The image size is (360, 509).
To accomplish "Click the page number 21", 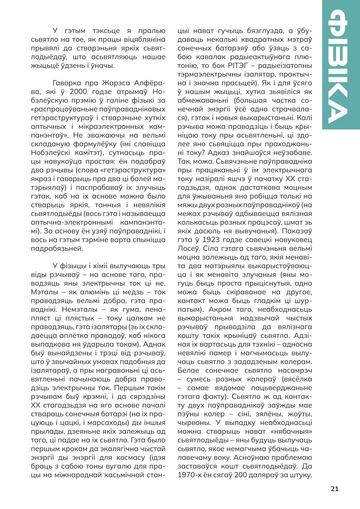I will [x=335, y=489].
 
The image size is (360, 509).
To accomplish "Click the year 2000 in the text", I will [x=78, y=92].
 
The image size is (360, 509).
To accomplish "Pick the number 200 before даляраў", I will [x=241, y=475].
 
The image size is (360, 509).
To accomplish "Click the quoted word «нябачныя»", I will [x=293, y=431].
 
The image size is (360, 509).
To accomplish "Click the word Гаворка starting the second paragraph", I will [x=67, y=83].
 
